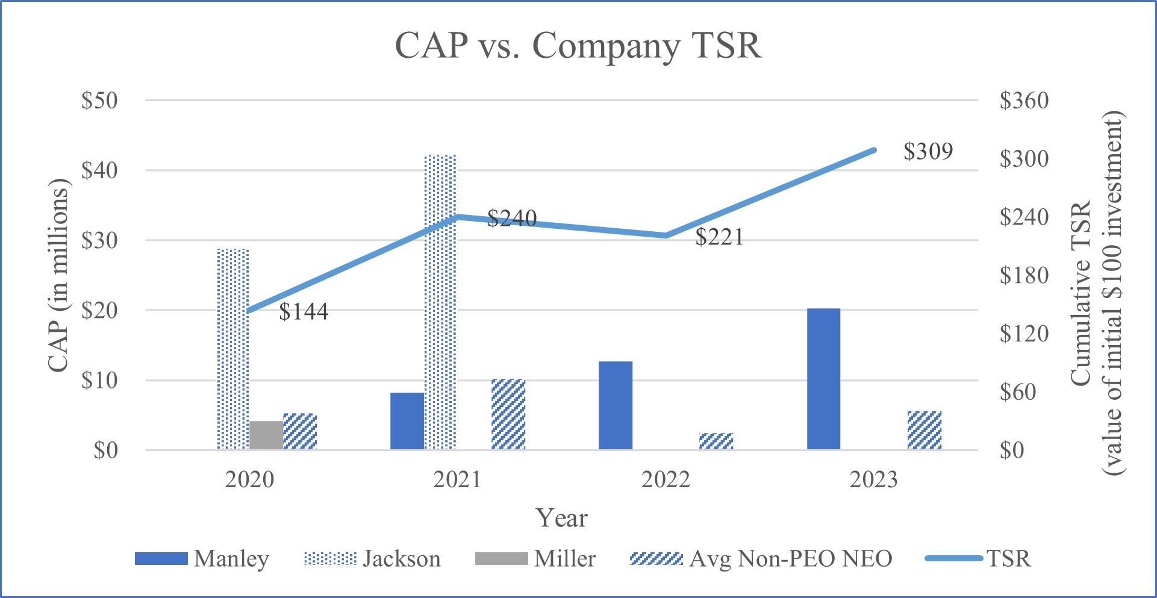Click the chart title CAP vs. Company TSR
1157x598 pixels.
click(578, 45)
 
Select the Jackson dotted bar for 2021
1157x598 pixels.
click(440, 301)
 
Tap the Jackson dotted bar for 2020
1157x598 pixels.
click(232, 349)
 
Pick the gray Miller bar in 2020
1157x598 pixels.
click(266, 435)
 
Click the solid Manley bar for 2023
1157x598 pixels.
click(823, 379)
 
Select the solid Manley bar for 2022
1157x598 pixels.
click(615, 405)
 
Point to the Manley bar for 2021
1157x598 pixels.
click(407, 421)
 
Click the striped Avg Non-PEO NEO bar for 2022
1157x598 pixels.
click(716, 441)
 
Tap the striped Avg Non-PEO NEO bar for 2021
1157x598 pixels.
click(508, 414)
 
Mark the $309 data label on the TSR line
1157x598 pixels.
click(928, 151)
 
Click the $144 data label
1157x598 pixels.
click(304, 311)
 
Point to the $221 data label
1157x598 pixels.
click(719, 237)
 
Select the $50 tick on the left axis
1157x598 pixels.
click(99, 101)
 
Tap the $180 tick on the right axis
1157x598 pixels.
click(1024, 275)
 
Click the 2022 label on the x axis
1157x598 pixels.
click(666, 479)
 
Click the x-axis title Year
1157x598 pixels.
click(561, 518)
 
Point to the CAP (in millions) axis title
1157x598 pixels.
click(58, 275)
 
